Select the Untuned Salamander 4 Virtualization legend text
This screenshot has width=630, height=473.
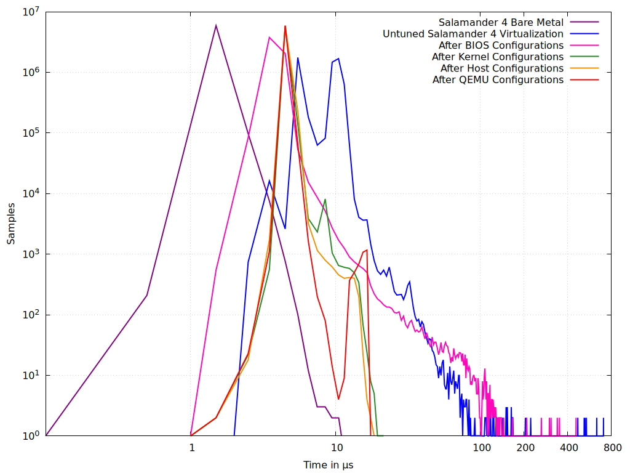472,34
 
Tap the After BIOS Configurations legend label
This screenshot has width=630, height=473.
501,46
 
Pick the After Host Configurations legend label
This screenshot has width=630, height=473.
501,68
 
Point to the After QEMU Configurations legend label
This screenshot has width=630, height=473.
498,79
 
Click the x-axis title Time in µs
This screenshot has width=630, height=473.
328,464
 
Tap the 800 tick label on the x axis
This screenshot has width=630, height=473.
612,448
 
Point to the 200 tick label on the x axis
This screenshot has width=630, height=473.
525,448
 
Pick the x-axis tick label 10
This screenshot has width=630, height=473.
336,448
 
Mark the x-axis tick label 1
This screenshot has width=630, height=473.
191,448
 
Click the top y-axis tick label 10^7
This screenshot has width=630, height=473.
30,12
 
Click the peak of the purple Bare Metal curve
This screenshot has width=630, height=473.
216,25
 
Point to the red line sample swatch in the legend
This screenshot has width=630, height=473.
584,79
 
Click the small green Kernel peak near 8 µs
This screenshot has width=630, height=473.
325,200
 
